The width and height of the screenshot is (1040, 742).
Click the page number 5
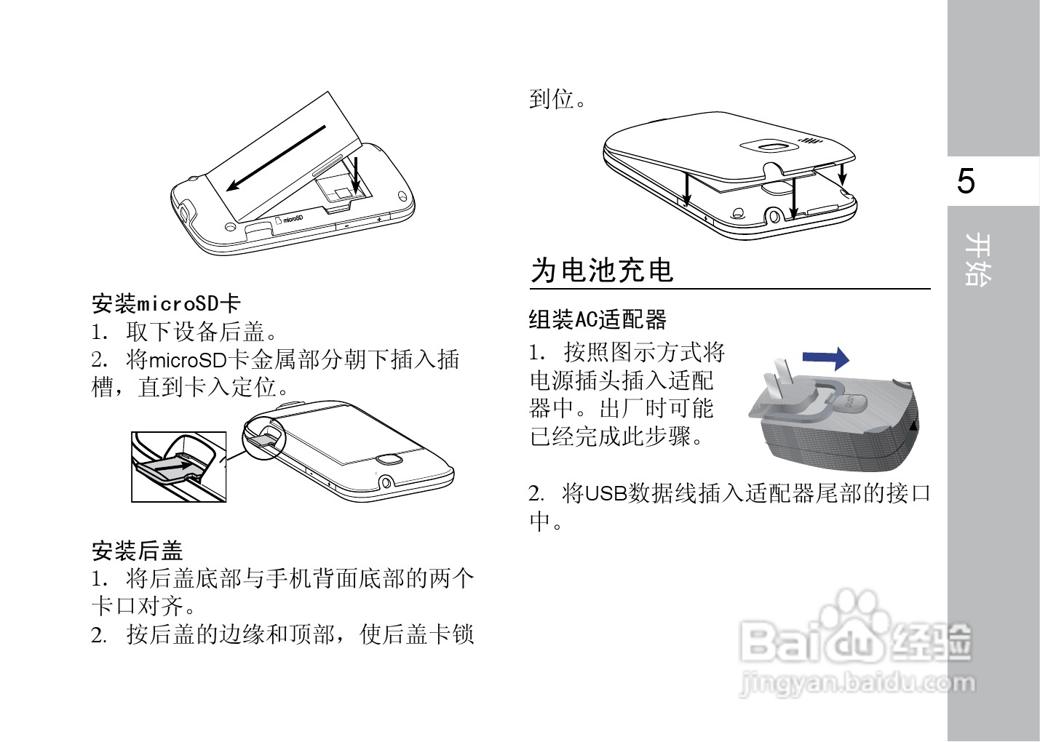tap(966, 181)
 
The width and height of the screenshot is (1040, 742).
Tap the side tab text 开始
tap(977, 259)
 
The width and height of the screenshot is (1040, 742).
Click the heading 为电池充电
tap(602, 271)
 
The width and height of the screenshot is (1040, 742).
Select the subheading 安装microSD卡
tap(166, 303)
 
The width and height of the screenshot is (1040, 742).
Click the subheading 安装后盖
tap(137, 551)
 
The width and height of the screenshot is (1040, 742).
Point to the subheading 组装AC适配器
tap(598, 319)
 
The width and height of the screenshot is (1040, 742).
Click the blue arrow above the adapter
tap(825, 358)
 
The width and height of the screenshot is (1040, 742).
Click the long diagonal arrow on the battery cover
tap(276, 158)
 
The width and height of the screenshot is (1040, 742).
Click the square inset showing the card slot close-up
tap(178, 466)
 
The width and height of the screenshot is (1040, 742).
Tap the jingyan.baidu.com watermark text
tap(857, 683)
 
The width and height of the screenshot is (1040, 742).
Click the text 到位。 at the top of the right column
tap(557, 99)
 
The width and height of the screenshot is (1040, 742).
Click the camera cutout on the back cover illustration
tap(771, 146)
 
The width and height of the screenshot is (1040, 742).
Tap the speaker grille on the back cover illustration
tap(810, 140)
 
